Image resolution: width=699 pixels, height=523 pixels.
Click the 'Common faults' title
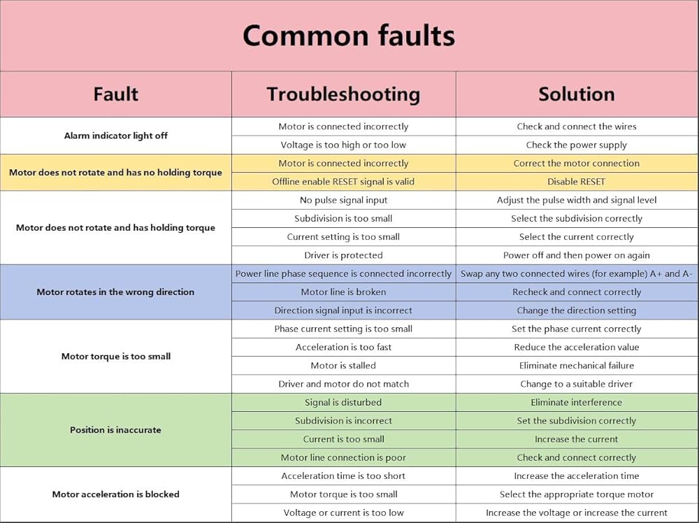tap(349, 35)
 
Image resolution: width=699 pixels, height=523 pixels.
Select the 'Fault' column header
tap(115, 94)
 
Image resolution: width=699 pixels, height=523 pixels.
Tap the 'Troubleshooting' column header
tap(343, 94)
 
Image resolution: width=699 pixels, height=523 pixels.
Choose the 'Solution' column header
tap(577, 94)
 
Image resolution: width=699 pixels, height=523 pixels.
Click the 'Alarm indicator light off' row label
tap(115, 136)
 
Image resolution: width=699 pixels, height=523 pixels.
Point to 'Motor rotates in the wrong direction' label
tap(115, 292)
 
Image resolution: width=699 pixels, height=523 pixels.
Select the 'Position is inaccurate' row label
tap(115, 430)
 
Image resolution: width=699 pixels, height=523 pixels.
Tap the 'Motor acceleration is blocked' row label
tap(115, 494)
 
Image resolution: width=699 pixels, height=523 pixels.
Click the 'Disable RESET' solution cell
tap(577, 182)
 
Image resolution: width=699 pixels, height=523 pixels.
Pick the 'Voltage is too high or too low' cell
tap(343, 145)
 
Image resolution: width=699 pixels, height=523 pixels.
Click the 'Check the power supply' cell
tap(577, 145)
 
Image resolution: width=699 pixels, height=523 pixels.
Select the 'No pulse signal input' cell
tap(343, 200)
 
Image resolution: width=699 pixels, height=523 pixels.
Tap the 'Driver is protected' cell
tap(343, 255)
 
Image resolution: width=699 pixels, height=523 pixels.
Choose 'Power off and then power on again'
tap(577, 255)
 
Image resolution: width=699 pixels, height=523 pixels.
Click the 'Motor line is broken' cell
tap(343, 292)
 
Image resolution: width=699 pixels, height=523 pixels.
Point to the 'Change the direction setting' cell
tap(577, 310)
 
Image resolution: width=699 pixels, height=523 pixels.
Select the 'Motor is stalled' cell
tap(343, 366)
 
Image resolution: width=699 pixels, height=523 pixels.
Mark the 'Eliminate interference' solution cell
tap(577, 403)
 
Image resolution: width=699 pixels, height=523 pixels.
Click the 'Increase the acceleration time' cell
tap(577, 476)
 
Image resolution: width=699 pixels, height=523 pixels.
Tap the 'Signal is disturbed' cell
tap(343, 403)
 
